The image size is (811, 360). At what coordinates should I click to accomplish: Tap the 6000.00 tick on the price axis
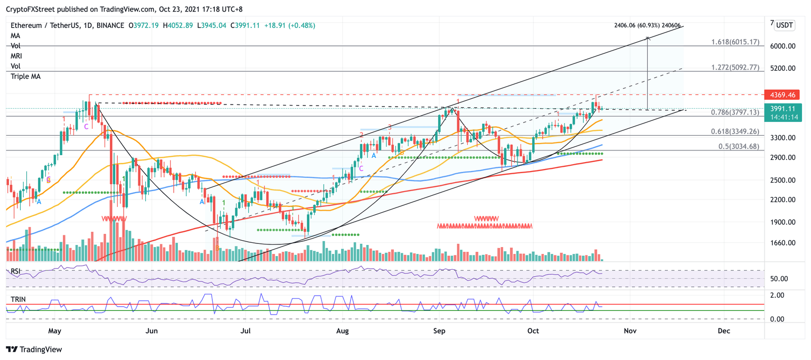click(x=782, y=46)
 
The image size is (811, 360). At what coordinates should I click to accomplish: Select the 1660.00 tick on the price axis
click(x=782, y=243)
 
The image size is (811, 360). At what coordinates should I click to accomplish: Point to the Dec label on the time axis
click(x=723, y=331)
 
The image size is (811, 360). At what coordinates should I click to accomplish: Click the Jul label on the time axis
click(x=245, y=331)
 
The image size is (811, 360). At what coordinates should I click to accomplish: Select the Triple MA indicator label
click(x=25, y=77)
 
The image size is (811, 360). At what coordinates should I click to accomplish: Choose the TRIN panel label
click(x=19, y=299)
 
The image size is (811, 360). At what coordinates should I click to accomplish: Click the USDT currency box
click(x=785, y=25)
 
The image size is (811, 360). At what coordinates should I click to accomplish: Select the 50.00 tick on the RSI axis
click(x=780, y=279)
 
